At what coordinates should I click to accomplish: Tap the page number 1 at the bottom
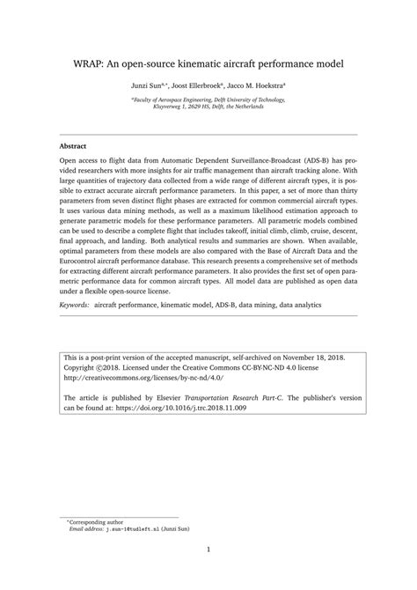coord(208,550)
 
